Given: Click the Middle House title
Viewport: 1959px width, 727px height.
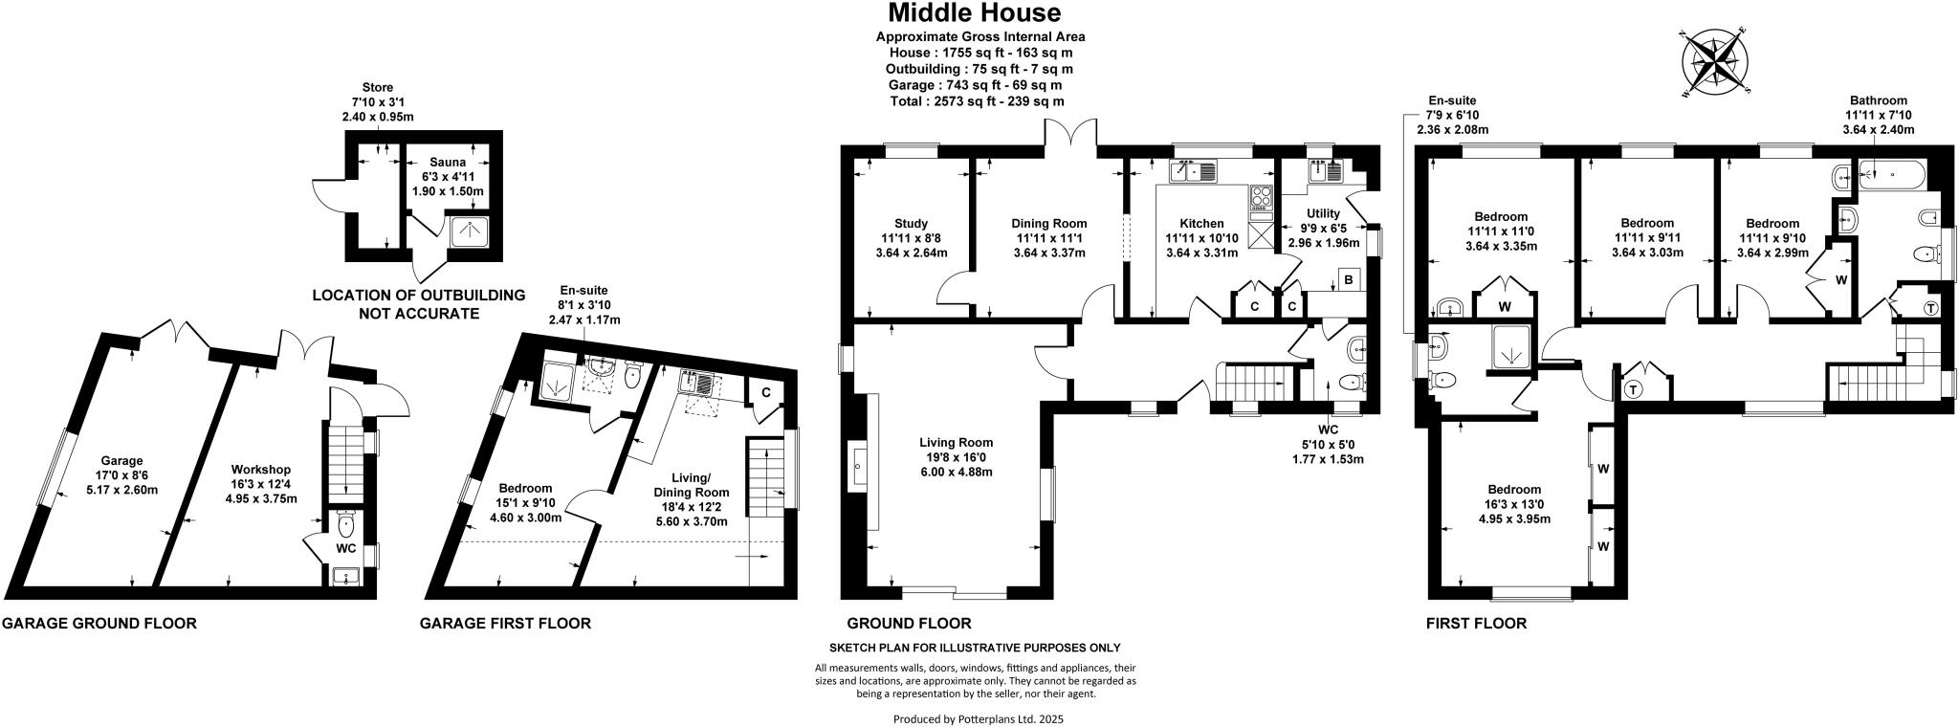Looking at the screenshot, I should click(974, 13).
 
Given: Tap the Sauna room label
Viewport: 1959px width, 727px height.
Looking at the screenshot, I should click(448, 163).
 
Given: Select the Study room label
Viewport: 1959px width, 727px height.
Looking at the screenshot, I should click(912, 224).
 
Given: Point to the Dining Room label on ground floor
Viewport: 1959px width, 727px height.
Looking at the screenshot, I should click(1049, 224).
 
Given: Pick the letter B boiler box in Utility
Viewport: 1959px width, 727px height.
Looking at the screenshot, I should click(1348, 280).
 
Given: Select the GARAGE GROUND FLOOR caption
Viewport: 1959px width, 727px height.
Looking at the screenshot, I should click(99, 624).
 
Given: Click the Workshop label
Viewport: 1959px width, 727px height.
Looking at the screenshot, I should click(261, 470).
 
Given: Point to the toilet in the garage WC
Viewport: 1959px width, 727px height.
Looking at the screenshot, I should click(346, 524).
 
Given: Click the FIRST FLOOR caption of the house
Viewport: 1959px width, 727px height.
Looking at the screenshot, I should click(1476, 624).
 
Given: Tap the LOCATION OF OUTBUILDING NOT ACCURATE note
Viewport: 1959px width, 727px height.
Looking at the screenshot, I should click(418, 304).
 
